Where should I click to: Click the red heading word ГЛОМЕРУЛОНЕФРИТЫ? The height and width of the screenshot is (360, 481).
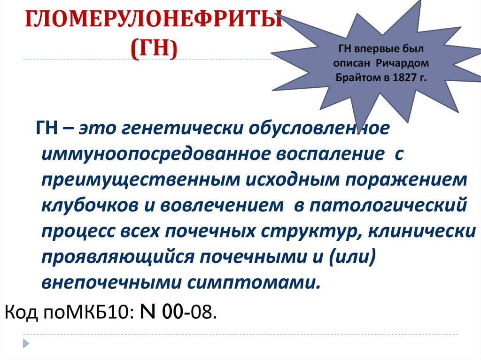pos(153,22)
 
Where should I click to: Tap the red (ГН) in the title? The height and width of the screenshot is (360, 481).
pos(154,48)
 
